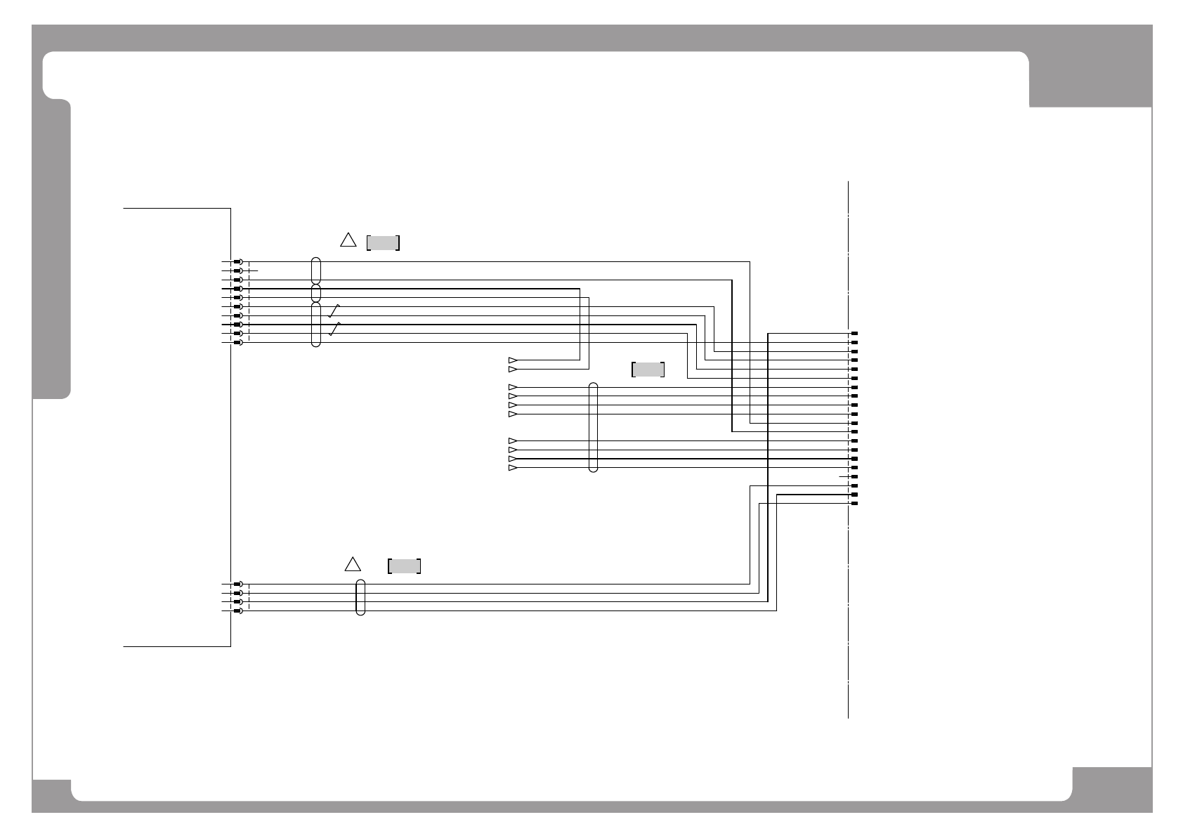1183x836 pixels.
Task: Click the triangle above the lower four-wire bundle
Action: coord(353,564)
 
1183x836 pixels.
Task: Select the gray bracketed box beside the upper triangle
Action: coord(383,243)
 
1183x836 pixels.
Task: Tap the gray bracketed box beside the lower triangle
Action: coord(404,566)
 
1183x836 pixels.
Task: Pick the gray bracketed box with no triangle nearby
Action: coord(648,370)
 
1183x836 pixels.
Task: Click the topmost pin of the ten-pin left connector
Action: coord(238,261)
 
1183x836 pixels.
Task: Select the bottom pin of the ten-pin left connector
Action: coord(238,342)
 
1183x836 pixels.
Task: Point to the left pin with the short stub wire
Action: coord(238,270)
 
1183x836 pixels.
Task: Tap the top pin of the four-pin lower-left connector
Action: coord(238,584)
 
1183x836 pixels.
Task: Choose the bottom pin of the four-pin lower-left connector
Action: coord(238,611)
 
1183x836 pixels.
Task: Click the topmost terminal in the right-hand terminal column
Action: coord(854,333)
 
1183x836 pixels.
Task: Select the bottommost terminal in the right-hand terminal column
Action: coord(854,504)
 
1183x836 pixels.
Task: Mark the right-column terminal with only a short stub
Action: coord(854,476)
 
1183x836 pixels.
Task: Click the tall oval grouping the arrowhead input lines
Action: coord(593,427)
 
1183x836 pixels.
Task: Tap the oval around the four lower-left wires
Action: coord(361,598)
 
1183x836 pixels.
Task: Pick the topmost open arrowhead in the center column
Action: coord(513,360)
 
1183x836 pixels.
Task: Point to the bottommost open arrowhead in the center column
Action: coord(513,468)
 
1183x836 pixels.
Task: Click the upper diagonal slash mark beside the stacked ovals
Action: coord(335,311)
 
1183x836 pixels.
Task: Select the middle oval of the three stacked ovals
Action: coord(316,293)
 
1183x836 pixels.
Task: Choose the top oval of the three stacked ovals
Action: coord(316,270)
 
